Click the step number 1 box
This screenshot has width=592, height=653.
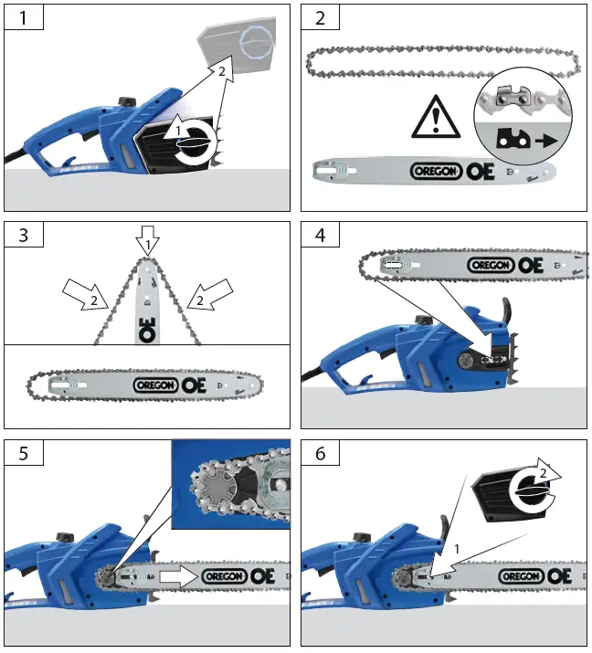(x=24, y=18)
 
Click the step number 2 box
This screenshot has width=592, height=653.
(x=320, y=18)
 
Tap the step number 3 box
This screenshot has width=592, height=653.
(x=24, y=236)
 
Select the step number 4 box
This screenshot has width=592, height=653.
(x=320, y=236)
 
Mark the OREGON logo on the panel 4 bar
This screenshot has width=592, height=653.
(x=492, y=265)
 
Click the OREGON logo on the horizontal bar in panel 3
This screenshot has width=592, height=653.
(x=156, y=385)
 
